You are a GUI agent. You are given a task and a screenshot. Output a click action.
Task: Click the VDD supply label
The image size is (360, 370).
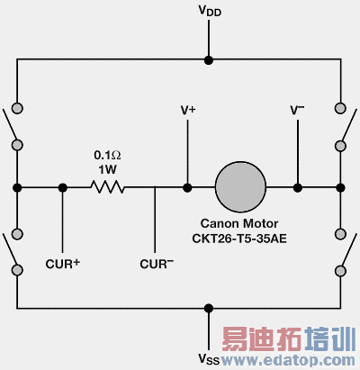(x=208, y=12)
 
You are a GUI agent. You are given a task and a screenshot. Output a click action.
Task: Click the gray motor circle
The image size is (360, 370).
(x=241, y=188)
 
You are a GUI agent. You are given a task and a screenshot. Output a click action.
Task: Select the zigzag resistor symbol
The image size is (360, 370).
(x=107, y=188)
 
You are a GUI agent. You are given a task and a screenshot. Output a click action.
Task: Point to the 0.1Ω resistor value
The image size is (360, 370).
(x=107, y=154)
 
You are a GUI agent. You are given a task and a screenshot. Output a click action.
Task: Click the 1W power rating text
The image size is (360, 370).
(x=107, y=168)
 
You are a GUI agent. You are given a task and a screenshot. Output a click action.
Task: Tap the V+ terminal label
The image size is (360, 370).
(x=188, y=110)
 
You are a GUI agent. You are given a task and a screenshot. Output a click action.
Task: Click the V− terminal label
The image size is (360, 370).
(x=297, y=110)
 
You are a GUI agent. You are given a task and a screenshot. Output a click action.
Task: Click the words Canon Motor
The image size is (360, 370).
(x=241, y=222)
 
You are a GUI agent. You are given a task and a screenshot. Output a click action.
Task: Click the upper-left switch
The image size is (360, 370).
(x=15, y=129)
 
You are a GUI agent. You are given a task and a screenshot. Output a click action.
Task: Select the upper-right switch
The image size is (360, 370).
(x=342, y=129)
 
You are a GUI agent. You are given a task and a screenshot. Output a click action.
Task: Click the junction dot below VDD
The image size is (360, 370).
(x=208, y=61)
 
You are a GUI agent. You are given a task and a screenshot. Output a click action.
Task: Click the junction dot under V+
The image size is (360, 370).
(x=188, y=188)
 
